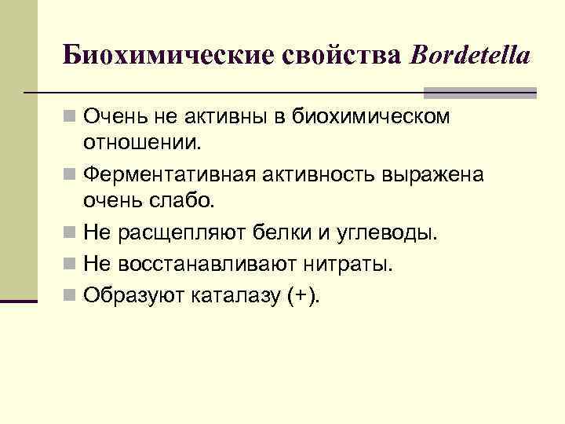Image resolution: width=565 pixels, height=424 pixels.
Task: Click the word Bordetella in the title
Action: (470, 54)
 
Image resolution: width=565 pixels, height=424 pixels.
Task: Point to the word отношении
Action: (143, 144)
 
